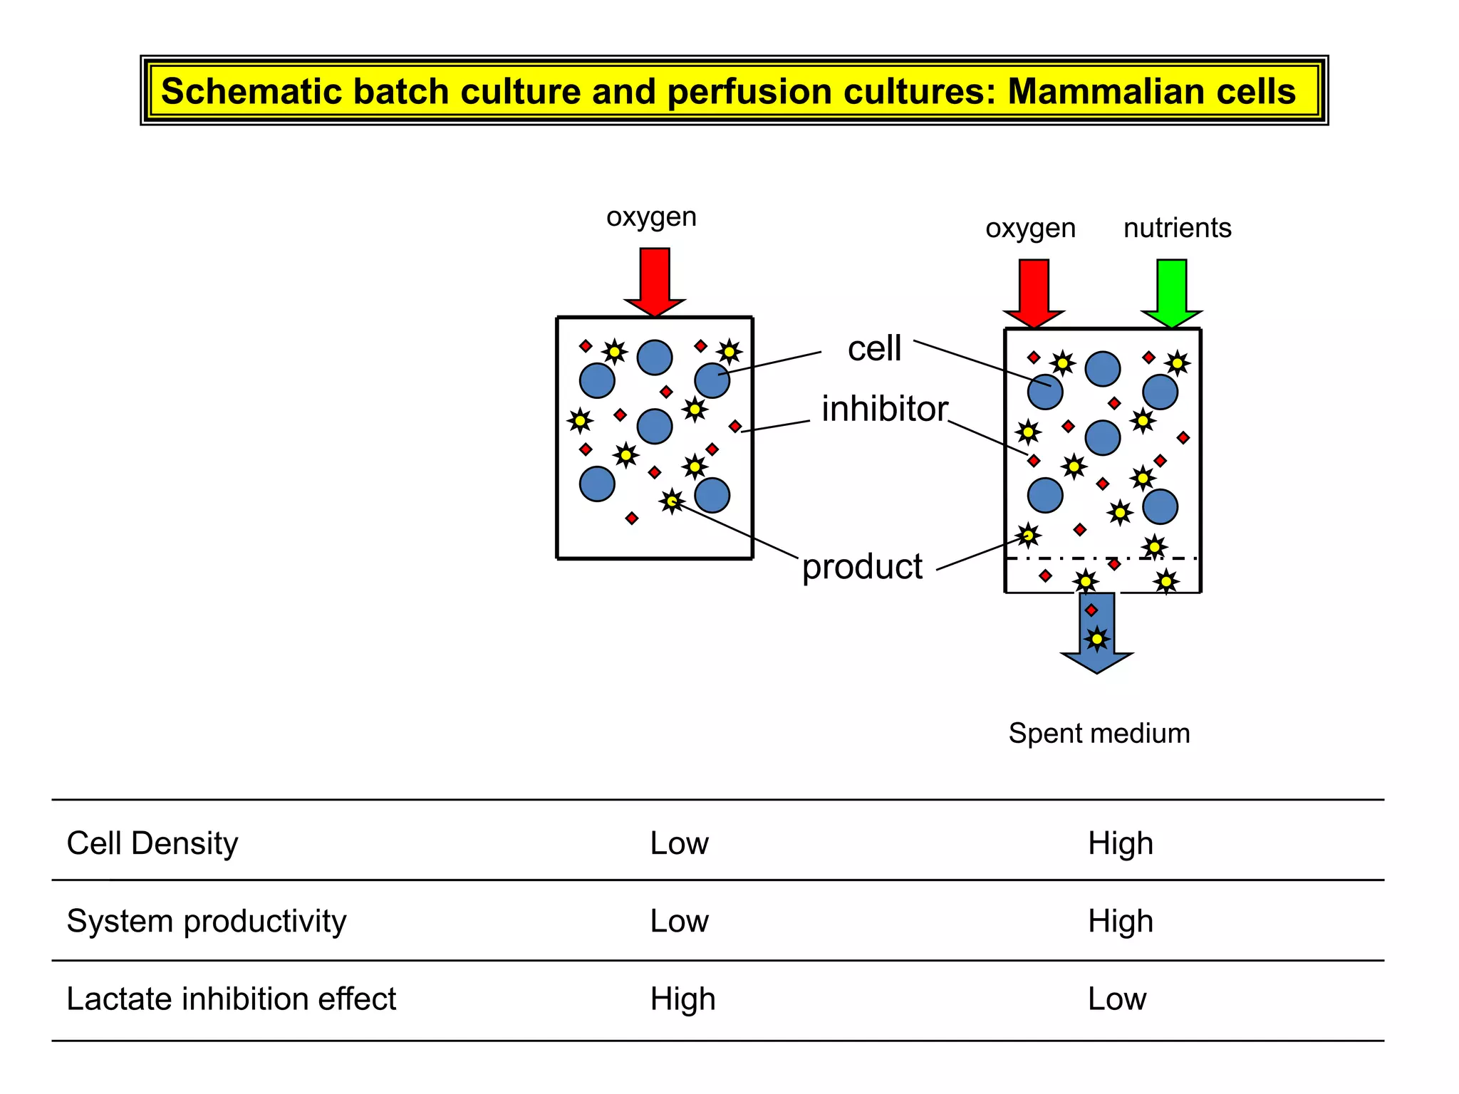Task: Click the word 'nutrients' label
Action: click(1177, 228)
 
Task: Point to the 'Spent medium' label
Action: click(1099, 733)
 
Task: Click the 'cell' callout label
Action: click(874, 348)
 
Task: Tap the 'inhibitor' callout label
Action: click(884, 409)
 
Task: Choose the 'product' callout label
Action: click(862, 567)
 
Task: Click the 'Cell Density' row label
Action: click(152, 843)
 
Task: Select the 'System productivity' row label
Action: click(207, 921)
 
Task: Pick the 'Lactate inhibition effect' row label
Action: click(231, 999)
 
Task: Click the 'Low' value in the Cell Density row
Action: click(679, 843)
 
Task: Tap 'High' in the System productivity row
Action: click(1120, 921)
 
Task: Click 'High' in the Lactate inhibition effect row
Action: click(682, 999)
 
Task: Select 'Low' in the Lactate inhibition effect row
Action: click(1116, 999)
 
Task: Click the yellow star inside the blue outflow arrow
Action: click(1097, 639)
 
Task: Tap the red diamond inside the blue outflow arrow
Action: click(1091, 610)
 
